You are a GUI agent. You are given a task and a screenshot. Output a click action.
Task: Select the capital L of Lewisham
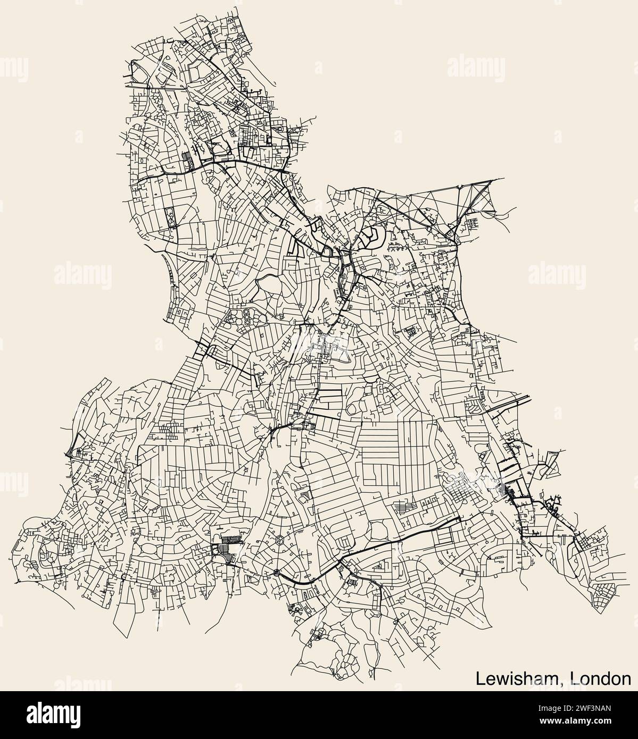(x=479, y=678)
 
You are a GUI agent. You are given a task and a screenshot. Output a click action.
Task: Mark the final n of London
(x=626, y=679)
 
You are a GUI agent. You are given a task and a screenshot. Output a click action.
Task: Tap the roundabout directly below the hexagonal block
(x=276, y=572)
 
